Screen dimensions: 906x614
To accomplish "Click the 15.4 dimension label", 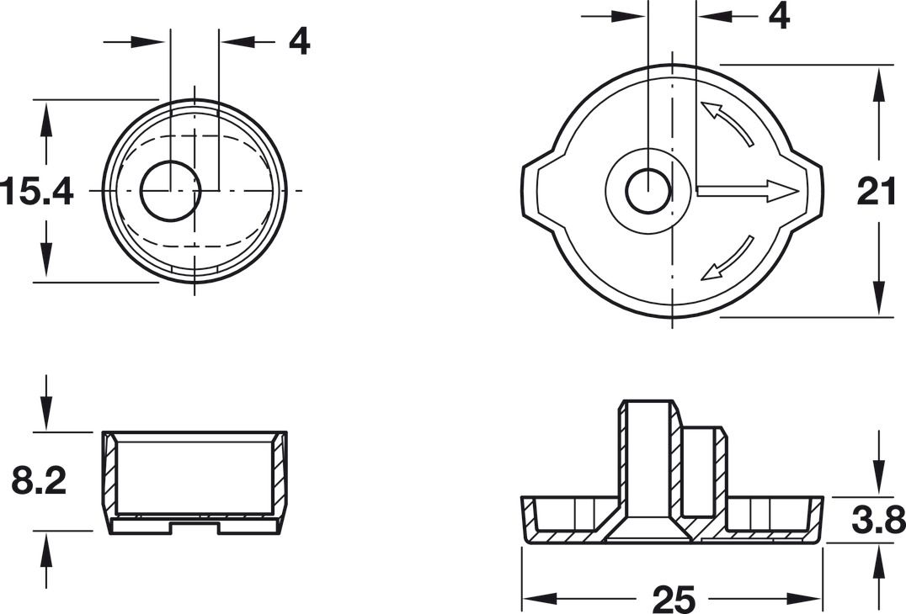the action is click(37, 192).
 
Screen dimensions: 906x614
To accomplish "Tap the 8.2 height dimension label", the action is click(39, 481).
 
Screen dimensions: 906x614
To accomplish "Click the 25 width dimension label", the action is click(673, 599).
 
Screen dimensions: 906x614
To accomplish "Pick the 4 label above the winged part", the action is click(780, 16).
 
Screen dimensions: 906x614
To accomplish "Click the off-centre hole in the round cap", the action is click(170, 190).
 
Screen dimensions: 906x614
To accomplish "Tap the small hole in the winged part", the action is click(648, 190).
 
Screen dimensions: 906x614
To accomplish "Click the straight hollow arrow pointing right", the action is click(749, 190).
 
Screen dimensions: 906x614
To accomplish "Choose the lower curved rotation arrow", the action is click(727, 258).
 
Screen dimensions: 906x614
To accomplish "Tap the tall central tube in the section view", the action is click(648, 462).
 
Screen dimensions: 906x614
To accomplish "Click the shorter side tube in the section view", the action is click(702, 472).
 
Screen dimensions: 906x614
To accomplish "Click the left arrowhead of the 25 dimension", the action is click(537, 599).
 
